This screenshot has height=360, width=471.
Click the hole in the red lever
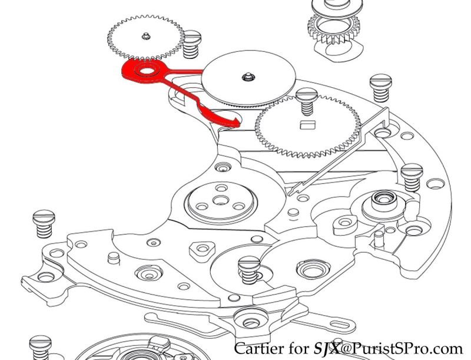[147, 71]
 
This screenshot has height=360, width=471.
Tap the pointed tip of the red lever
[240, 123]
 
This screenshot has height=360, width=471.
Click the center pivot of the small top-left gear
[145, 37]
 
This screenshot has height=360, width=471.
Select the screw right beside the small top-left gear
[191, 44]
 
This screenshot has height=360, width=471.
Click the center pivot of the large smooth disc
[247, 77]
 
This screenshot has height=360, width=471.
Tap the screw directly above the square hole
[306, 101]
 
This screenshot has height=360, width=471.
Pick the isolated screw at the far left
[44, 223]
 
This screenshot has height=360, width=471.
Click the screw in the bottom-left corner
[40, 347]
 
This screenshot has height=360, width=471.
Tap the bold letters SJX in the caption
[327, 349]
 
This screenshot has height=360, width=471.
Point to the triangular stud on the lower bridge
[203, 249]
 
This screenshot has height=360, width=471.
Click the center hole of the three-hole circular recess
[221, 200]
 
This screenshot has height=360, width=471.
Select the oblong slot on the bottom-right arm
[341, 325]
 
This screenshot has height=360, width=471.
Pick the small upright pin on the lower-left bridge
[114, 258]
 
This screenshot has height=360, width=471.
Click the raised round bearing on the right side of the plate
[384, 201]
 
